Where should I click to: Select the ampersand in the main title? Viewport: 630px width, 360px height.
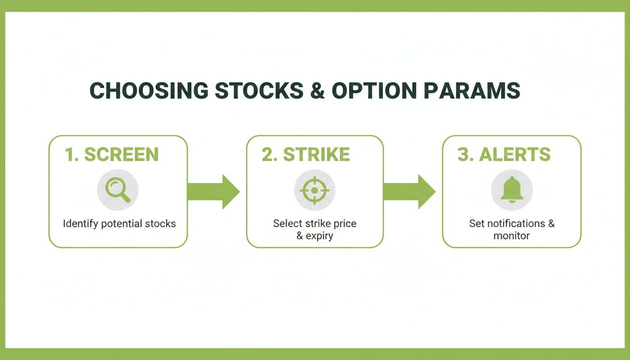coord(317,91)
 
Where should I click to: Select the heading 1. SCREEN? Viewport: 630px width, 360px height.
coord(112,155)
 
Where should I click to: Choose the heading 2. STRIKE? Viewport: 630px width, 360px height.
coord(306,155)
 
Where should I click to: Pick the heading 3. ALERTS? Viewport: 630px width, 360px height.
coord(504,155)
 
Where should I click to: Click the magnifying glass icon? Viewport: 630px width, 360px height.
coord(118,190)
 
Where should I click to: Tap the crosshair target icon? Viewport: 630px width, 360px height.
coord(315,190)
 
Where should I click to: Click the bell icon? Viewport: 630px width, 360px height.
coord(511,190)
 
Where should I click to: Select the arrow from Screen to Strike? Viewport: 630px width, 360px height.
coord(213,191)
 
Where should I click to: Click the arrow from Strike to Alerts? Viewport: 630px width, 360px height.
coord(409,191)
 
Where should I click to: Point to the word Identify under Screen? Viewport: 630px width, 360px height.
coord(80,224)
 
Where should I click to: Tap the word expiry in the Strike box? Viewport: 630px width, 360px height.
coord(320,236)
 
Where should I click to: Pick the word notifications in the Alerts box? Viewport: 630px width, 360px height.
coord(514,224)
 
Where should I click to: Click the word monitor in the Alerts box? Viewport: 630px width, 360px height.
coord(511,236)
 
